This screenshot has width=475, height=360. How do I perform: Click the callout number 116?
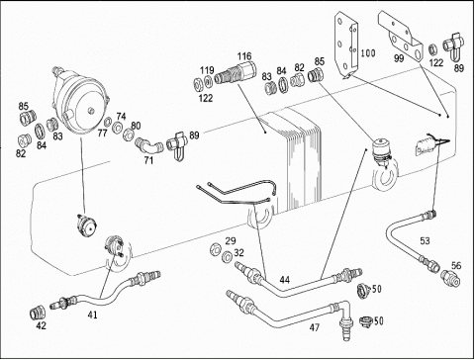coord(244,56)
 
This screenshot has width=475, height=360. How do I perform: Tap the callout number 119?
coord(207,70)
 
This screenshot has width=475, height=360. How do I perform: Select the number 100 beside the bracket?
coord(368,52)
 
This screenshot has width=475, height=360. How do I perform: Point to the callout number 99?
coord(399,58)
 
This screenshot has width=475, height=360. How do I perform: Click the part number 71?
coord(148,160)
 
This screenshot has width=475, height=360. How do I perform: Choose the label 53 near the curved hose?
coord(425,240)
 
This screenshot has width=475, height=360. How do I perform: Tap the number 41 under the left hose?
coord(93,315)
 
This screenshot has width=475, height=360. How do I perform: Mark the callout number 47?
coord(315,327)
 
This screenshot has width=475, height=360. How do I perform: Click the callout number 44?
coord(285,280)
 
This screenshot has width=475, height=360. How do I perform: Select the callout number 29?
coord(231,241)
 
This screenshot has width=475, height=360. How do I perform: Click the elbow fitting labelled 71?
coord(149,145)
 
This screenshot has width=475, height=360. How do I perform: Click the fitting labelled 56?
coord(451,278)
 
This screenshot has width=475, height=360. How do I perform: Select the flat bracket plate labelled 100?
coord(346,45)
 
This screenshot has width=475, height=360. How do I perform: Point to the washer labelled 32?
coord(227,256)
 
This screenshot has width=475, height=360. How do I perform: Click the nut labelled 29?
coord(216,248)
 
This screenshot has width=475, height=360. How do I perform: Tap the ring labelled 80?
coord(128,135)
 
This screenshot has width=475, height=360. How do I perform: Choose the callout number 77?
coord(102,133)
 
